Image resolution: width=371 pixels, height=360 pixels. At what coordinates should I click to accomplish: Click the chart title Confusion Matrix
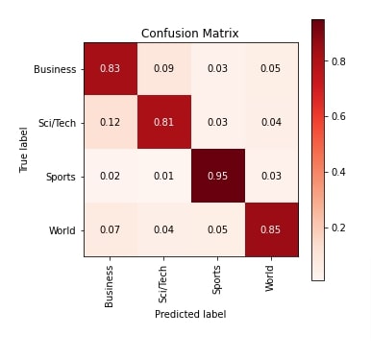click(189, 34)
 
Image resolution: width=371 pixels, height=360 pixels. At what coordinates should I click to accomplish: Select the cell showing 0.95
click(217, 177)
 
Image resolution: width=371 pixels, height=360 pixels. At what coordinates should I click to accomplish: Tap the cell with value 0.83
click(111, 69)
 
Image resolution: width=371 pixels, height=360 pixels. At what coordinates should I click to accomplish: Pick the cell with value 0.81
click(163, 123)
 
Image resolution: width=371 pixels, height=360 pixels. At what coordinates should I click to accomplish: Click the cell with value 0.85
click(270, 230)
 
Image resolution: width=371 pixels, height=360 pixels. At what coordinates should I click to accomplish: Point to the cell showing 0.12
click(111, 123)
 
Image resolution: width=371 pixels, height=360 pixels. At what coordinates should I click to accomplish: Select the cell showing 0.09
click(163, 69)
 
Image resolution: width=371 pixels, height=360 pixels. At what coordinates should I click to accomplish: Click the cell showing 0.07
click(111, 230)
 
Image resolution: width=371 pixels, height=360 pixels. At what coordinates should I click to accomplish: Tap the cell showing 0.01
click(163, 177)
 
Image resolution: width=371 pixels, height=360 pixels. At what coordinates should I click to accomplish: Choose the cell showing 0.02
click(111, 177)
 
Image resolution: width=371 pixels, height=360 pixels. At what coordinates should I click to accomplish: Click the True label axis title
click(23, 151)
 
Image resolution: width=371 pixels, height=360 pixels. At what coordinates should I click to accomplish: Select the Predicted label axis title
click(190, 313)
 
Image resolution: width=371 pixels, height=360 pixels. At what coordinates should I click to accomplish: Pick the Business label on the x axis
click(111, 284)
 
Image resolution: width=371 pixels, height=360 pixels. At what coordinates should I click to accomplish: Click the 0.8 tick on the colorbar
click(340, 60)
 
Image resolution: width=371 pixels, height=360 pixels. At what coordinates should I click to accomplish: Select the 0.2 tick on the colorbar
click(340, 228)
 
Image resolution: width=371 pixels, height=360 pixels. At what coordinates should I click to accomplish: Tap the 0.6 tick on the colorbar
click(340, 116)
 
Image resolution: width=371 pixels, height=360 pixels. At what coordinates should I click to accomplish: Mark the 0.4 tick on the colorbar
click(340, 172)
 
